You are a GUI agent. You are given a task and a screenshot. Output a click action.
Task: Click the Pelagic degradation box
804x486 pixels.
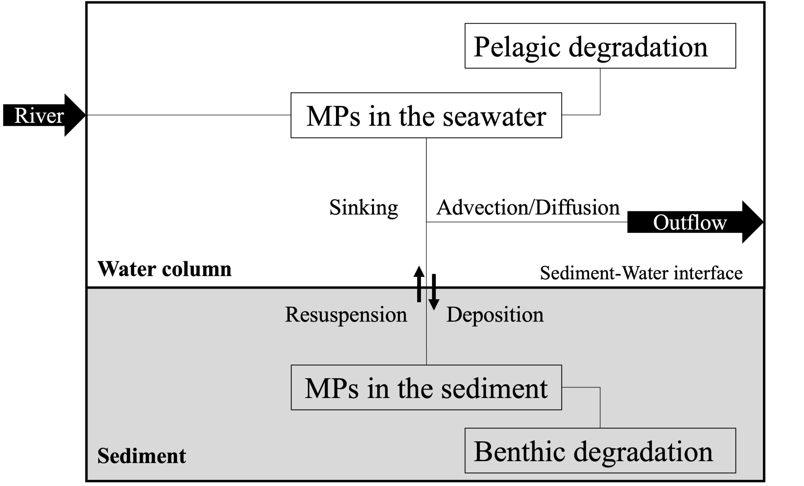pyautogui.click(x=600, y=46)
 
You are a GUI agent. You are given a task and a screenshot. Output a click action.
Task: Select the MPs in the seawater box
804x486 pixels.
pyautogui.click(x=426, y=115)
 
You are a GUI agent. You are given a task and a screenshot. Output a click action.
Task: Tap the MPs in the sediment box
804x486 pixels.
pyautogui.click(x=426, y=387)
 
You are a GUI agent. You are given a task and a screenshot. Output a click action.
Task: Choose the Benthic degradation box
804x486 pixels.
pyautogui.click(x=600, y=451)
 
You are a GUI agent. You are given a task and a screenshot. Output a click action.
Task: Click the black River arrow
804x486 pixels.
pyautogui.click(x=44, y=115)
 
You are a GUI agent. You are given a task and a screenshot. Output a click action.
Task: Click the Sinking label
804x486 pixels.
pyautogui.click(x=363, y=208)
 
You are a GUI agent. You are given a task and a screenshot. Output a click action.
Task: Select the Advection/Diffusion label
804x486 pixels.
pyautogui.click(x=528, y=208)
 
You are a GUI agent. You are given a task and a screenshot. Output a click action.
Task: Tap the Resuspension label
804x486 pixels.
pyautogui.click(x=346, y=315)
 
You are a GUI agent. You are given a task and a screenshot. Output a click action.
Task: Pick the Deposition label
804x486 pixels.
pyautogui.click(x=495, y=315)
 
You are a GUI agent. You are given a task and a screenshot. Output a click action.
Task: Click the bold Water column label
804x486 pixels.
pyautogui.click(x=165, y=269)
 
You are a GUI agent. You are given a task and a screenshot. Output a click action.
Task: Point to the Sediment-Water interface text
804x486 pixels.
pyautogui.click(x=641, y=273)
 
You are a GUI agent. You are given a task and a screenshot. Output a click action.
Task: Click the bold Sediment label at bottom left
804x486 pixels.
pyautogui.click(x=142, y=456)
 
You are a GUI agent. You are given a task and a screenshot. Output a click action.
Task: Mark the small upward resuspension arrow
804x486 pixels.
pyautogui.click(x=419, y=284)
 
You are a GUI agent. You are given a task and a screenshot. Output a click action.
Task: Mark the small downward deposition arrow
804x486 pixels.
pyautogui.click(x=434, y=292)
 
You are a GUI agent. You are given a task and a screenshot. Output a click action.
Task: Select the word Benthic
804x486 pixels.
pyautogui.click(x=519, y=451)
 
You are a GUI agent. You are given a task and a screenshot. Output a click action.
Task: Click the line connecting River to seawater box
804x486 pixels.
pyautogui.click(x=188, y=115)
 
